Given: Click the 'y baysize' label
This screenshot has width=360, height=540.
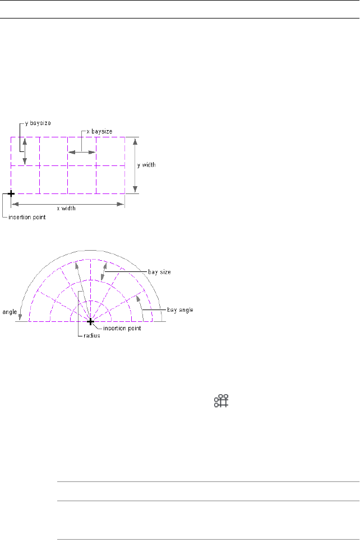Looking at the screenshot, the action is (38, 123).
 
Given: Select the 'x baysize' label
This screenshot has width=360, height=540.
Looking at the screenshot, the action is (99, 132).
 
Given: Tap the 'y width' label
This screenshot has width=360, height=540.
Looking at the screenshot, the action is (146, 165).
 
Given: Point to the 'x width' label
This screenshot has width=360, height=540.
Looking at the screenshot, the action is (66, 209).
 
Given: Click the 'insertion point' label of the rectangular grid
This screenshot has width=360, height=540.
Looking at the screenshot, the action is (27, 218).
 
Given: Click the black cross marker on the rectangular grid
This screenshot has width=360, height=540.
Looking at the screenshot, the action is (11, 194).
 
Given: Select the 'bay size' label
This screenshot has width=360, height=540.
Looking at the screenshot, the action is (159, 272).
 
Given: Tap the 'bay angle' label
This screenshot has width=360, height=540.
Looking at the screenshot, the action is (180, 310).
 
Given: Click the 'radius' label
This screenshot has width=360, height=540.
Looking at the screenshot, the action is (92, 336).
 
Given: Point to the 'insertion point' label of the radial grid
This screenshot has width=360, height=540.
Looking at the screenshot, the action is (122, 329).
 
